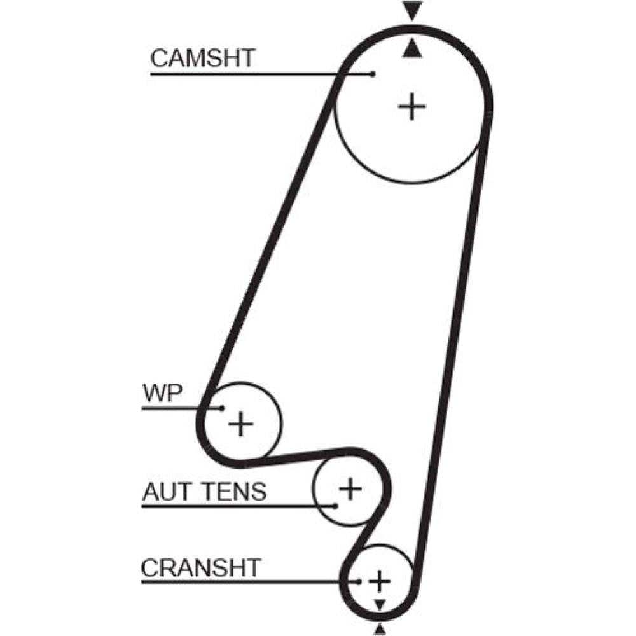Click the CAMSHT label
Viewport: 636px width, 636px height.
click(x=202, y=59)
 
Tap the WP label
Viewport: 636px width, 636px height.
click(x=162, y=391)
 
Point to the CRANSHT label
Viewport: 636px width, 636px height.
click(x=201, y=567)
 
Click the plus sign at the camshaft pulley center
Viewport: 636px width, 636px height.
click(x=412, y=106)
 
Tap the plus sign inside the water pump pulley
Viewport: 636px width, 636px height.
click(x=241, y=424)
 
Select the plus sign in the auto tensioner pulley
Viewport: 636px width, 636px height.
click(x=349, y=489)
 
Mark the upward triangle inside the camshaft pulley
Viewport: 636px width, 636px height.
click(x=413, y=48)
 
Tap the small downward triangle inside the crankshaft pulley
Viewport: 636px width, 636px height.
click(x=380, y=604)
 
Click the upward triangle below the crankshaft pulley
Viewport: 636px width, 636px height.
click(x=380, y=629)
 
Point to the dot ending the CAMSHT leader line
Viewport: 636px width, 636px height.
click(x=373, y=74)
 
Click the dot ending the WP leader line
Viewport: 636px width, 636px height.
click(x=222, y=408)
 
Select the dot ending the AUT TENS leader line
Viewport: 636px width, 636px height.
click(x=335, y=506)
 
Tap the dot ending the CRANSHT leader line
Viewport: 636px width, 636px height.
click(x=359, y=581)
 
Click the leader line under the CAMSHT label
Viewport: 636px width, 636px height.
click(x=254, y=74)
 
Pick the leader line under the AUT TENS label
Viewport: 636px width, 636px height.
click(x=235, y=506)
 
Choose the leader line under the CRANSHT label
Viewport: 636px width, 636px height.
click(x=248, y=581)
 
